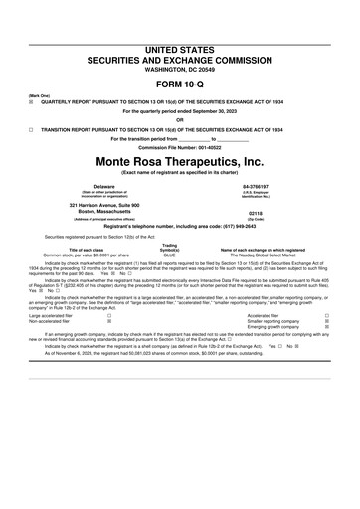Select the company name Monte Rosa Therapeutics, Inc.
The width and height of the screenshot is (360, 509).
point(180,161)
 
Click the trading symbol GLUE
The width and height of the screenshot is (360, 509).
point(169,254)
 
